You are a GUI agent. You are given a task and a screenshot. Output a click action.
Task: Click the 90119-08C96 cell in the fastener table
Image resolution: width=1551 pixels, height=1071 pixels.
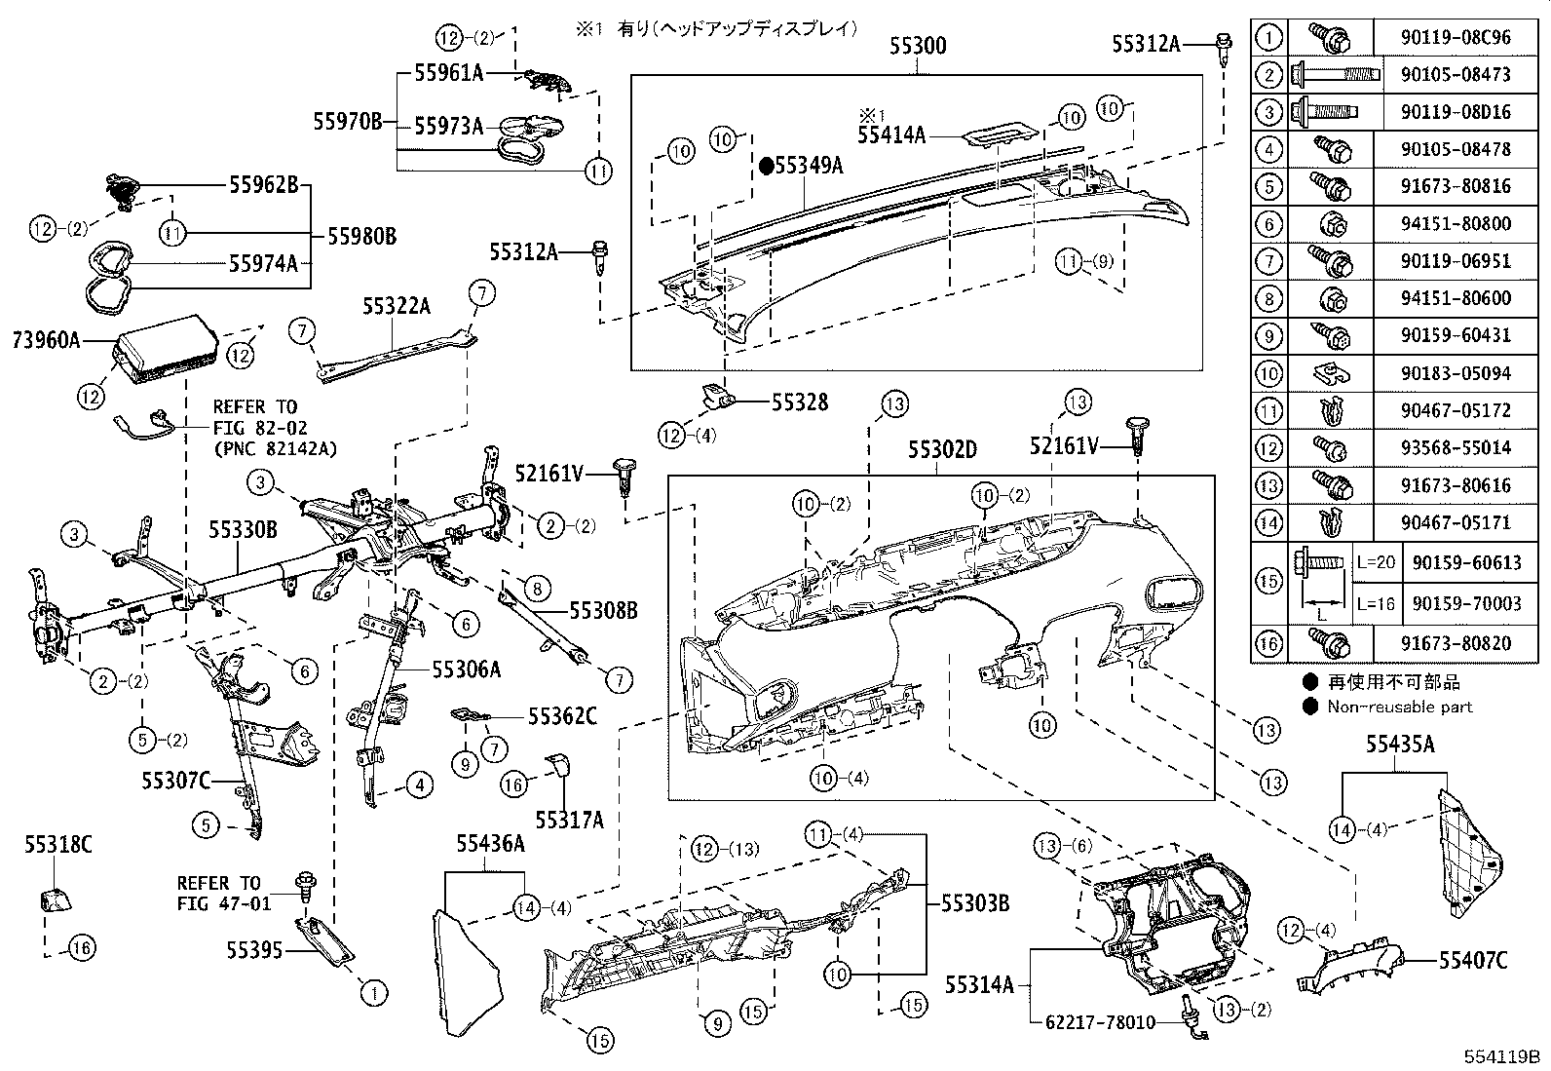click(1458, 38)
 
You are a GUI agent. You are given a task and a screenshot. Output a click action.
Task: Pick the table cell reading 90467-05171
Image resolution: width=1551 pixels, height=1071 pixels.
click(1458, 523)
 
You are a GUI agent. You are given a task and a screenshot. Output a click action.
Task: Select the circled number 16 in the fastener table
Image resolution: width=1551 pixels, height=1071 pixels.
click(1268, 643)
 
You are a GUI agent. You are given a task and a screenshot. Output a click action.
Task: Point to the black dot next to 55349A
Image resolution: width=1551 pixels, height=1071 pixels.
click(767, 167)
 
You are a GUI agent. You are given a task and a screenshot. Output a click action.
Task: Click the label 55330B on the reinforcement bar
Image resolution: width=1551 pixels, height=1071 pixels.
click(243, 529)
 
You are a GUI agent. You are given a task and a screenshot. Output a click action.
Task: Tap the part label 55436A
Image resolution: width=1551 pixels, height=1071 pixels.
click(491, 844)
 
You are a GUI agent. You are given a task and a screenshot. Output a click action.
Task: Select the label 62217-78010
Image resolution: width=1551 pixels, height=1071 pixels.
click(1100, 1022)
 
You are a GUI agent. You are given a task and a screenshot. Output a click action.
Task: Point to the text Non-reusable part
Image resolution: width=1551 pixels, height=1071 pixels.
click(1400, 707)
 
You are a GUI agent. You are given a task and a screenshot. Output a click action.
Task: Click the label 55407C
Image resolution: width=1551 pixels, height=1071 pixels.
click(1472, 961)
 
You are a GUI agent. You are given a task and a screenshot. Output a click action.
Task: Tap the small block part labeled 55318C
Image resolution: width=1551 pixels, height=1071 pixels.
click(55, 898)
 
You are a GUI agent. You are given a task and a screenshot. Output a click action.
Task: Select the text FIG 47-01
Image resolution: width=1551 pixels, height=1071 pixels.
click(224, 903)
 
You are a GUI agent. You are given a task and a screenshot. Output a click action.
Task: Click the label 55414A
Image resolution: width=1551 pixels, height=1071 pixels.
click(890, 135)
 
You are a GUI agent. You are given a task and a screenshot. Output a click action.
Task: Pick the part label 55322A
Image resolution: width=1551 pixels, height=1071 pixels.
click(396, 307)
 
